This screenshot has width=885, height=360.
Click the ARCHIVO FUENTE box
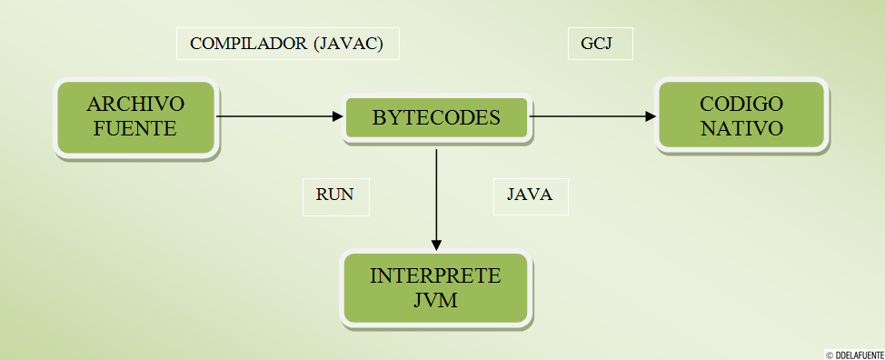136,118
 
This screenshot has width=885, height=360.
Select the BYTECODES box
436,118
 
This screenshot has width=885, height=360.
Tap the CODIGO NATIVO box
741,115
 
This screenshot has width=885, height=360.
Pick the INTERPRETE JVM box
435,287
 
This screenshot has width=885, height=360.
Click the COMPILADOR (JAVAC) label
288,44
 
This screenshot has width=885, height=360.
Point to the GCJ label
600,44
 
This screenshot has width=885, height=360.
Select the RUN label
335,195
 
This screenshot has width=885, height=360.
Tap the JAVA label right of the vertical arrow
530,195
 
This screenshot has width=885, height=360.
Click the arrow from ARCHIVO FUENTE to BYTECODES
277,116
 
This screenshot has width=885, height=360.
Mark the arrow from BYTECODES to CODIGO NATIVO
591,116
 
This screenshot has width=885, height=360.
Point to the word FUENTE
136,128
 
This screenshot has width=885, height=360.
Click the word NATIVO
741,127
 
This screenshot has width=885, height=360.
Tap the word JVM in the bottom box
435,298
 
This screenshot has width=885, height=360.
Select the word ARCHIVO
136,104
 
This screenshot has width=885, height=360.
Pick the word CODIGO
741,103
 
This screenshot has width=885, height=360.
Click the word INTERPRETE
435,276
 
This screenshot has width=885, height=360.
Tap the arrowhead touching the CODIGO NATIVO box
651,116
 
